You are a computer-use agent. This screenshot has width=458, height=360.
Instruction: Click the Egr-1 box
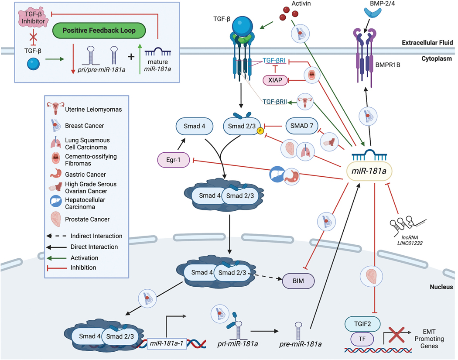coord(173,161)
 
